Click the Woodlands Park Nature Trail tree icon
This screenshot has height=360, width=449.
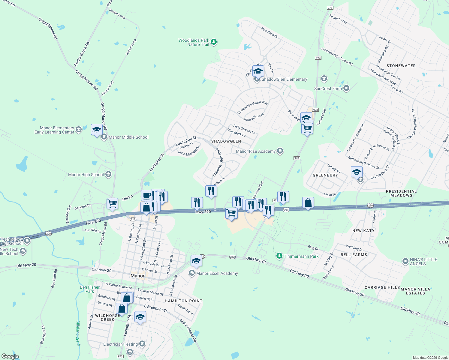coord(213,42)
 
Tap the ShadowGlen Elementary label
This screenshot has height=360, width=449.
coord(284,79)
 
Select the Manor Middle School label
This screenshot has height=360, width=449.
coord(128,137)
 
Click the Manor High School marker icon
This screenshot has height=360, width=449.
coord(108,174)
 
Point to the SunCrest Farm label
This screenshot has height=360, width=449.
coord(328,89)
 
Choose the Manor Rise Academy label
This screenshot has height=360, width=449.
coord(256,151)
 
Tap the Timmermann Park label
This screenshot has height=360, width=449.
coord(301,256)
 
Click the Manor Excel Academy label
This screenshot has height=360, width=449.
coord(217,274)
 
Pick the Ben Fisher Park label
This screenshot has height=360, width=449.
coord(90,289)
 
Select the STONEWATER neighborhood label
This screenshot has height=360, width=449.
coord(401,66)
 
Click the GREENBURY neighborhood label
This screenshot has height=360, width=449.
coord(325,175)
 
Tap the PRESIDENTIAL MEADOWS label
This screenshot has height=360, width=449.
coord(401,193)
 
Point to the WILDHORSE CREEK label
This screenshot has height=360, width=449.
coord(107,317)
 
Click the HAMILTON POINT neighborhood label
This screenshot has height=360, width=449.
coord(183,301)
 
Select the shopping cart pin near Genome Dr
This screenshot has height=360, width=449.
coord(113,204)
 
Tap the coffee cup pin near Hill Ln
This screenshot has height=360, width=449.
coord(146,196)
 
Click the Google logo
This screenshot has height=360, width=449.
coord(10,356)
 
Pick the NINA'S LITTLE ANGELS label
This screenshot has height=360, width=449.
coord(423,262)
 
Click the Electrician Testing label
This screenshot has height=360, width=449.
coord(120,344)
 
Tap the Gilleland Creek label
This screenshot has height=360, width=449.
coord(78,333)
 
